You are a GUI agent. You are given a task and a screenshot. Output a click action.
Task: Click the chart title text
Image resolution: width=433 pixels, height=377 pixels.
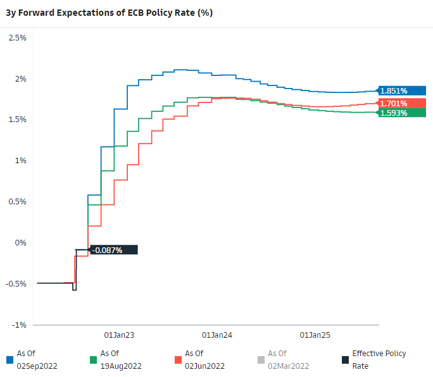(x=109, y=13)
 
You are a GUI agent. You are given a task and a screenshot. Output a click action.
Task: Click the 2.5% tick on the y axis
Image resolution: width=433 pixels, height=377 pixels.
(x=17, y=38)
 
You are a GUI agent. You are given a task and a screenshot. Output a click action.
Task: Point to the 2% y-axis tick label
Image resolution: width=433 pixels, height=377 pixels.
(x=20, y=79)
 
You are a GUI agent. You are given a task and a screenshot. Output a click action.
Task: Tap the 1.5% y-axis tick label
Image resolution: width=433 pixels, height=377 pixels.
(x=17, y=120)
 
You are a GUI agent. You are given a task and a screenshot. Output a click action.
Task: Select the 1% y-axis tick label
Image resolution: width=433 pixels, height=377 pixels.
(x=20, y=161)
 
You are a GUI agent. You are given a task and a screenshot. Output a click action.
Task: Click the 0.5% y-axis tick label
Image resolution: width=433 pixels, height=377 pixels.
(x=17, y=202)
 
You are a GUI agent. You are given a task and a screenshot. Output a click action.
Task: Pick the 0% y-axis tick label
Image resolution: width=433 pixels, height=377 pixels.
(x=20, y=243)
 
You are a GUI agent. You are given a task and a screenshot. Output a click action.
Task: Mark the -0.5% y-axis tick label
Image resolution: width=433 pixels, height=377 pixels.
(x=16, y=284)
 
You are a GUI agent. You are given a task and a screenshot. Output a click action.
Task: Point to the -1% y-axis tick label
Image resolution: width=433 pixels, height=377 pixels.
(x=19, y=325)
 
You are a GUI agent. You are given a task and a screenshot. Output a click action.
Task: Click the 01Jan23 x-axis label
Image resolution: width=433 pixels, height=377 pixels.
(x=119, y=335)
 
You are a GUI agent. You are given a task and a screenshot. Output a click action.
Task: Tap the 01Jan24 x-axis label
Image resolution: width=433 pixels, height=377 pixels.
(x=217, y=335)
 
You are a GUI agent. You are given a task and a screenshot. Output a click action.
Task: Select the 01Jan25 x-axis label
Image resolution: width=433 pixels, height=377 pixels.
(x=315, y=335)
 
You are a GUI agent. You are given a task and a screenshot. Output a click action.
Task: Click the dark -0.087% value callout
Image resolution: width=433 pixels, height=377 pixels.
(x=113, y=250)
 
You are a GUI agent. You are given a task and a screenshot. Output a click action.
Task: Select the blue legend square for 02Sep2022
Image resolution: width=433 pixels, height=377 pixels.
(x=9, y=360)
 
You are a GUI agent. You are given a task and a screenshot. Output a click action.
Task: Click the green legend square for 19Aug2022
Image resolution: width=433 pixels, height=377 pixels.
(x=93, y=360)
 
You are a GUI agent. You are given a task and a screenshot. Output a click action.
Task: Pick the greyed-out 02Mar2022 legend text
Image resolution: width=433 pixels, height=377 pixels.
(x=288, y=360)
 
